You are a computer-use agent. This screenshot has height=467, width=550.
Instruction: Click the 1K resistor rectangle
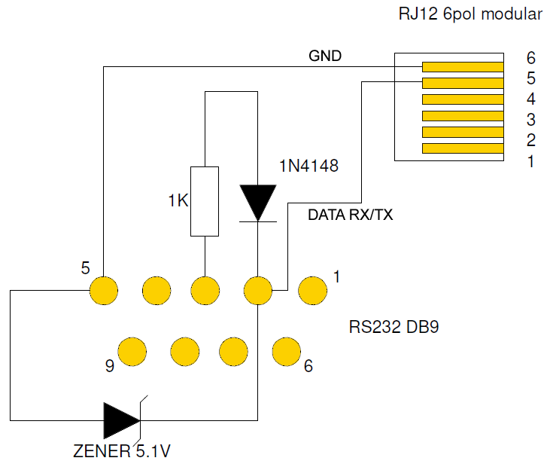pyautogui.click(x=205, y=200)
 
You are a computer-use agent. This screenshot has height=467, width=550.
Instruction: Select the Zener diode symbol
pyautogui.click(x=123, y=420)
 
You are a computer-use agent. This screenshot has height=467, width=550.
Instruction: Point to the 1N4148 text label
pyautogui.click(x=308, y=166)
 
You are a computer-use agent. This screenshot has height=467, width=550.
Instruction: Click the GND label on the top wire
pyautogui.click(x=325, y=56)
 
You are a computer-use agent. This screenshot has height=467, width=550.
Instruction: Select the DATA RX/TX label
pyautogui.click(x=351, y=215)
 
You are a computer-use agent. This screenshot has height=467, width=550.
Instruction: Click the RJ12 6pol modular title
pyautogui.click(x=470, y=14)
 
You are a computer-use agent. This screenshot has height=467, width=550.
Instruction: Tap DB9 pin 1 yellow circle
pyautogui.click(x=311, y=289)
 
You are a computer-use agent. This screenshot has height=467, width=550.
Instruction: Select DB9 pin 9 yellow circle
pyautogui.click(x=132, y=350)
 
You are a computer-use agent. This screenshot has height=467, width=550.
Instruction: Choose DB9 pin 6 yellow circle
pyautogui.click(x=285, y=350)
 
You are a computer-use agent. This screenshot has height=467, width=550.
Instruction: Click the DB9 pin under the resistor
pyautogui.click(x=205, y=289)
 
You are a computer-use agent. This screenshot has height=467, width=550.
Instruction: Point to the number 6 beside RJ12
pyautogui.click(x=530, y=58)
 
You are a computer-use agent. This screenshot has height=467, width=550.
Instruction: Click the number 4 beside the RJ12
pyautogui.click(x=530, y=99)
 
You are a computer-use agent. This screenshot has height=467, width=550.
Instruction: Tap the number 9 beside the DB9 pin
pyautogui.click(x=110, y=367)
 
